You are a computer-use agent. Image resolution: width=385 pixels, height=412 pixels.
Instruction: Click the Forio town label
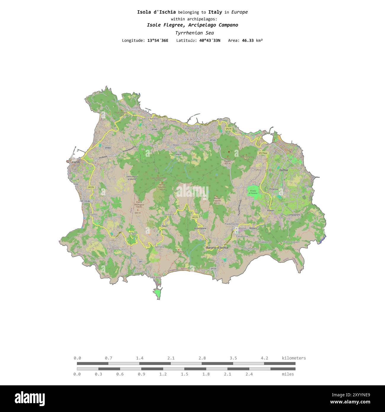[76, 162]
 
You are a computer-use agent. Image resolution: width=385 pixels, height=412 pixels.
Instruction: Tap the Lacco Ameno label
[150, 119]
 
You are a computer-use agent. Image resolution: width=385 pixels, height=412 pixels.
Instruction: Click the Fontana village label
[169, 214]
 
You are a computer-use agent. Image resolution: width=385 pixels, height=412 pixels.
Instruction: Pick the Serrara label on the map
[159, 247]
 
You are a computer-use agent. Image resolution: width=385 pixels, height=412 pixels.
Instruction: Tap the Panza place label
[111, 248]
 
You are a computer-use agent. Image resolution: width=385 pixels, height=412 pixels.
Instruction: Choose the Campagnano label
[294, 215]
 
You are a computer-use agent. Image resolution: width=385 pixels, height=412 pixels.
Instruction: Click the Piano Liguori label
[291, 242]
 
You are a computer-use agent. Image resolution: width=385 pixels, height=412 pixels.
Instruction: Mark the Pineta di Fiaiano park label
[253, 192]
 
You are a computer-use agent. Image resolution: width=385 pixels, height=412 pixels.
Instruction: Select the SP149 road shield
[154, 130]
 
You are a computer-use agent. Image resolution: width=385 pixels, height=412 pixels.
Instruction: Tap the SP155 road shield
[214, 269]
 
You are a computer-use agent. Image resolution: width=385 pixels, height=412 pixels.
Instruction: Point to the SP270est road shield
[263, 153]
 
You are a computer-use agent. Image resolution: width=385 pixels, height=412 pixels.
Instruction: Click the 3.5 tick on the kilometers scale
[233, 358]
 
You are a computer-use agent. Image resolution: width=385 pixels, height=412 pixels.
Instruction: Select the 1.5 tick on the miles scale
[185, 374]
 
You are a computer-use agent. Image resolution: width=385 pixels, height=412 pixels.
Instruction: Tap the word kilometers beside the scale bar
[294, 358]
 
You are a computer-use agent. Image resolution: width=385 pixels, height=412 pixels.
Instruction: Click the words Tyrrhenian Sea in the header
[194, 33]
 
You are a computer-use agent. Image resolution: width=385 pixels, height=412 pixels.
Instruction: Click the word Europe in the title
[239, 12]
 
